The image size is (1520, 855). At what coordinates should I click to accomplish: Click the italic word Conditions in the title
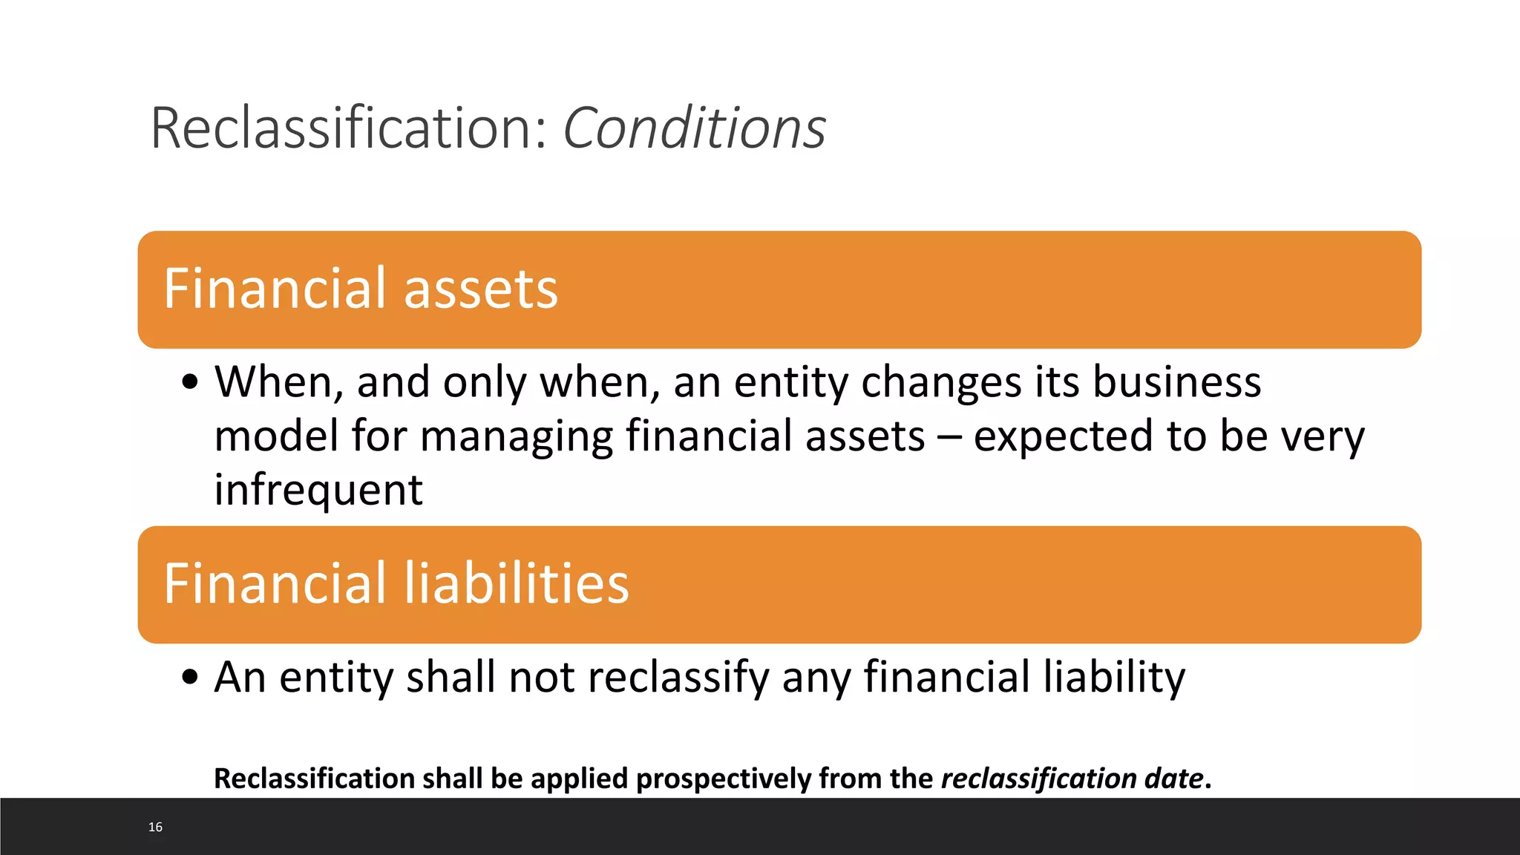coord(694,128)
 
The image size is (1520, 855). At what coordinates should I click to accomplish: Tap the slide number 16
coord(155,827)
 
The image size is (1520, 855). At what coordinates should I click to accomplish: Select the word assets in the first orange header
coord(480,289)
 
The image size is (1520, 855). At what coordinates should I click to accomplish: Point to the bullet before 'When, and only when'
coord(191,383)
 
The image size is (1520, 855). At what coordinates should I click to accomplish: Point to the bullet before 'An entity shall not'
coord(191,677)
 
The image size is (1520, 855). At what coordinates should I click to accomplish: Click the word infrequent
coord(318,490)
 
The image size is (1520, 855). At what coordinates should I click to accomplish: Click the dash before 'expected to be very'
coord(949,437)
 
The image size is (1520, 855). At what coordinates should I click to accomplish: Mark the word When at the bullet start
coord(279,383)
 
